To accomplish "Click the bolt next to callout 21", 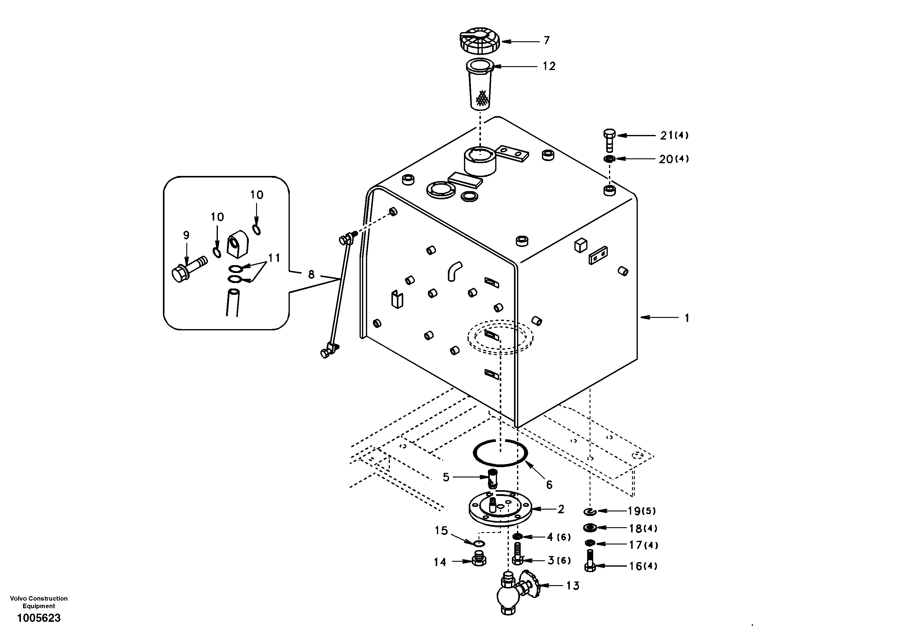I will [x=609, y=140].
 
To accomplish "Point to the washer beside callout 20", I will [x=610, y=159].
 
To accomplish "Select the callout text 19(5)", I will [x=641, y=511].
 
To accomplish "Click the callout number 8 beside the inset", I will [x=311, y=275].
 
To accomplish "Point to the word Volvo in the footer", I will [x=18, y=598].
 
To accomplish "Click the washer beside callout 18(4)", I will [x=590, y=527].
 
